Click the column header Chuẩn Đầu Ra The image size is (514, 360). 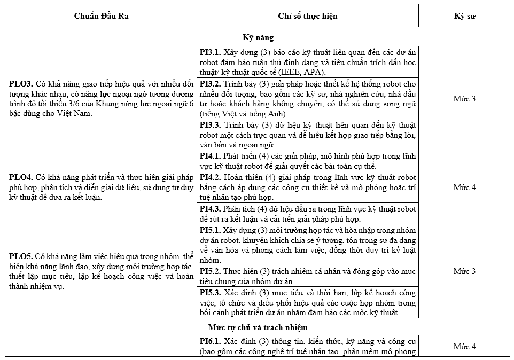click(x=101, y=15)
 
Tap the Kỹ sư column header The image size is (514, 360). click(x=464, y=15)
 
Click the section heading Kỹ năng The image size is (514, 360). click(x=258, y=37)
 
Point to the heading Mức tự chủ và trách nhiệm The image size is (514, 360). click(x=258, y=326)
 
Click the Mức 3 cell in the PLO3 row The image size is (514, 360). click(x=464, y=99)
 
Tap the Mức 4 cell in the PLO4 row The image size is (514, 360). click(x=464, y=187)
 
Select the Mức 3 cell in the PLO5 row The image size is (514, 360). click(x=464, y=271)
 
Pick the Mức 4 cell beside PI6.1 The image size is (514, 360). click(x=464, y=347)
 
